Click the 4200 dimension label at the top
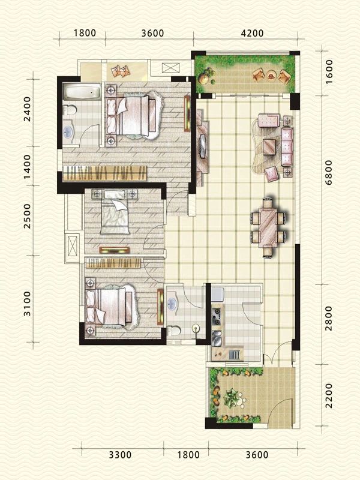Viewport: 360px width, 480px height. (252, 33)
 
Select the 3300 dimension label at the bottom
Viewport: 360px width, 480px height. (121, 455)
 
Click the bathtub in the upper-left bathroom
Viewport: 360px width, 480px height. (82, 92)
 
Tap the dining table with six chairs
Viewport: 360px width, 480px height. (268, 228)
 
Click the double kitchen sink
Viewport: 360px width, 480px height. (217, 337)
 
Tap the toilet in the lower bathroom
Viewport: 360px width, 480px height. (174, 331)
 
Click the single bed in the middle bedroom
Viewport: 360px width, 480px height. (115, 211)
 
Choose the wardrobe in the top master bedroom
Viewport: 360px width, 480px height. (104, 173)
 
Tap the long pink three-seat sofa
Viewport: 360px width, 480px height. (287, 147)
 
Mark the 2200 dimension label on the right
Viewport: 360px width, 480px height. (328, 395)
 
